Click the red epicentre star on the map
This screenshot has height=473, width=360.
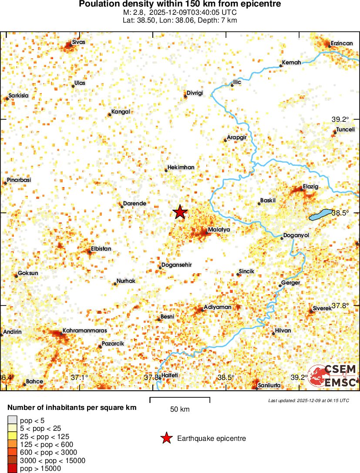click(x=180, y=212)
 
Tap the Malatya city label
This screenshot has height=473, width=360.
click(x=219, y=229)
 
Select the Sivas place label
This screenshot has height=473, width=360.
click(x=79, y=42)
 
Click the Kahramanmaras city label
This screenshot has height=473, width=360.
click(x=84, y=331)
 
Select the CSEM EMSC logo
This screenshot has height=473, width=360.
click(x=333, y=376)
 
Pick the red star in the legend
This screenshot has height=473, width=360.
click(x=166, y=439)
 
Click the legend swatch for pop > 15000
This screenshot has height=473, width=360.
click(x=13, y=469)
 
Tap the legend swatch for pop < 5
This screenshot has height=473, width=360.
click(x=13, y=420)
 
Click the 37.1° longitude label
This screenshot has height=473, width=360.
click(x=80, y=377)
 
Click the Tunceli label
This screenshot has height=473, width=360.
click(x=345, y=130)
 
